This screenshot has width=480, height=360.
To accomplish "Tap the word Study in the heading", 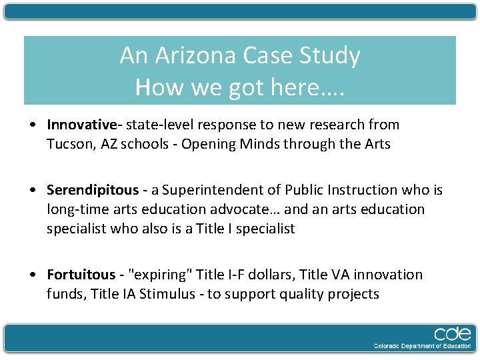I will click(x=330, y=55).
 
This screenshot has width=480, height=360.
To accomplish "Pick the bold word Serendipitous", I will click(x=91, y=191).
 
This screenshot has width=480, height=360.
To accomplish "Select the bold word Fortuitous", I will click(x=81, y=275).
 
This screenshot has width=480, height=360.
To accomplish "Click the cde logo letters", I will click(x=453, y=334).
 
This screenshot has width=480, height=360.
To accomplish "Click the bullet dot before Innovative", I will click(x=33, y=125).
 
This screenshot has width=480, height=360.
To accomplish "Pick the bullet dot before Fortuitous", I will click(x=33, y=275).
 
